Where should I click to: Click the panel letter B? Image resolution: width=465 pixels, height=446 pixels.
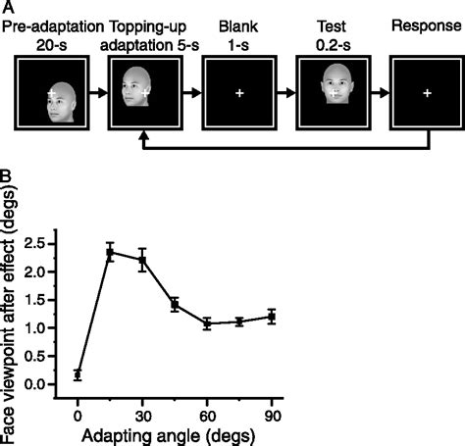click(x=6, y=179)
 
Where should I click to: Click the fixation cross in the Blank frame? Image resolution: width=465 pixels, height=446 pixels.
click(x=238, y=93)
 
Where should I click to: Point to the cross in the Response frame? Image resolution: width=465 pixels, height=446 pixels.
click(x=426, y=93)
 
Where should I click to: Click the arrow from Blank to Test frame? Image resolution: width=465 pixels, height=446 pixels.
click(x=284, y=93)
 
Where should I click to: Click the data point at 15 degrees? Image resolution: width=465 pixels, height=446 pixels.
click(x=111, y=252)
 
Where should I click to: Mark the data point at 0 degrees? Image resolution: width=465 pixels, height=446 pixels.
click(x=77, y=374)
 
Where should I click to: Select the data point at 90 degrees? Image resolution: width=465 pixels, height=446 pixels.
click(x=271, y=317)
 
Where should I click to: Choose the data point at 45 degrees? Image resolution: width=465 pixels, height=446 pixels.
click(x=175, y=305)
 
